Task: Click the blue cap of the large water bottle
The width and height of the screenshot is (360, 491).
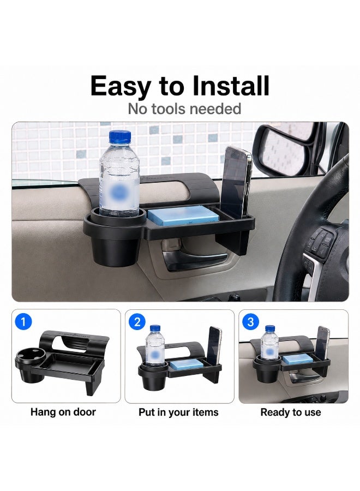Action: click(120, 137)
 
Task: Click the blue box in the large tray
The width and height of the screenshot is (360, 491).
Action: click(183, 215)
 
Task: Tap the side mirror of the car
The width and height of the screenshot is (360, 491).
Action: click(283, 149)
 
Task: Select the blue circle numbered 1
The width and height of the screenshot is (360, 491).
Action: click(23, 321)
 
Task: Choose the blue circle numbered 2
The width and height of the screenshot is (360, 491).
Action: click(137, 322)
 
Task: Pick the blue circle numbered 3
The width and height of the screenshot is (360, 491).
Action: click(250, 322)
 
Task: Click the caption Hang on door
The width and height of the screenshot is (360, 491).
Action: click(63, 412)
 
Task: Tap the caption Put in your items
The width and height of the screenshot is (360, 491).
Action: click(178, 412)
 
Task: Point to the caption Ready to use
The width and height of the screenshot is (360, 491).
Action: click(291, 412)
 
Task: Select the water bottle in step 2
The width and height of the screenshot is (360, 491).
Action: click(155, 345)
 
